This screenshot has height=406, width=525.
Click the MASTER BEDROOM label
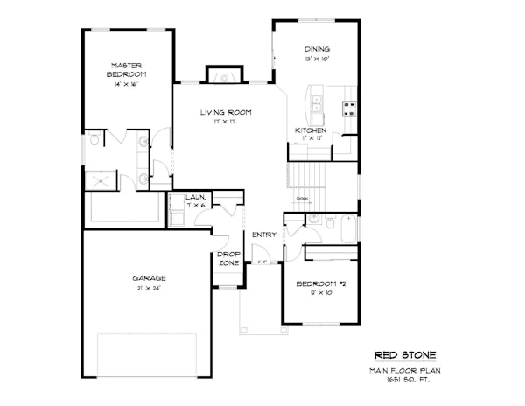coord(126,70)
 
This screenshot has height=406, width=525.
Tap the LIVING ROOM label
coord(226,112)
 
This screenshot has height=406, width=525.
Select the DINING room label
coord(317,49)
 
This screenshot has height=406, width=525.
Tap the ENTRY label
coord(263,234)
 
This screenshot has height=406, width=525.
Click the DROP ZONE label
coord(228,259)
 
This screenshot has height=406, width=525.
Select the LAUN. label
coord(196,199)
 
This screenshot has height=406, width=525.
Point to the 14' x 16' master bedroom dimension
coord(126,85)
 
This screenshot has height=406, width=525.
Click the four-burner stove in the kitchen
coord(347,108)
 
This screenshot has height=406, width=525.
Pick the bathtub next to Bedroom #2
coord(347,229)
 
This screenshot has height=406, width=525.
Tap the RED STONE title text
coord(404,355)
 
